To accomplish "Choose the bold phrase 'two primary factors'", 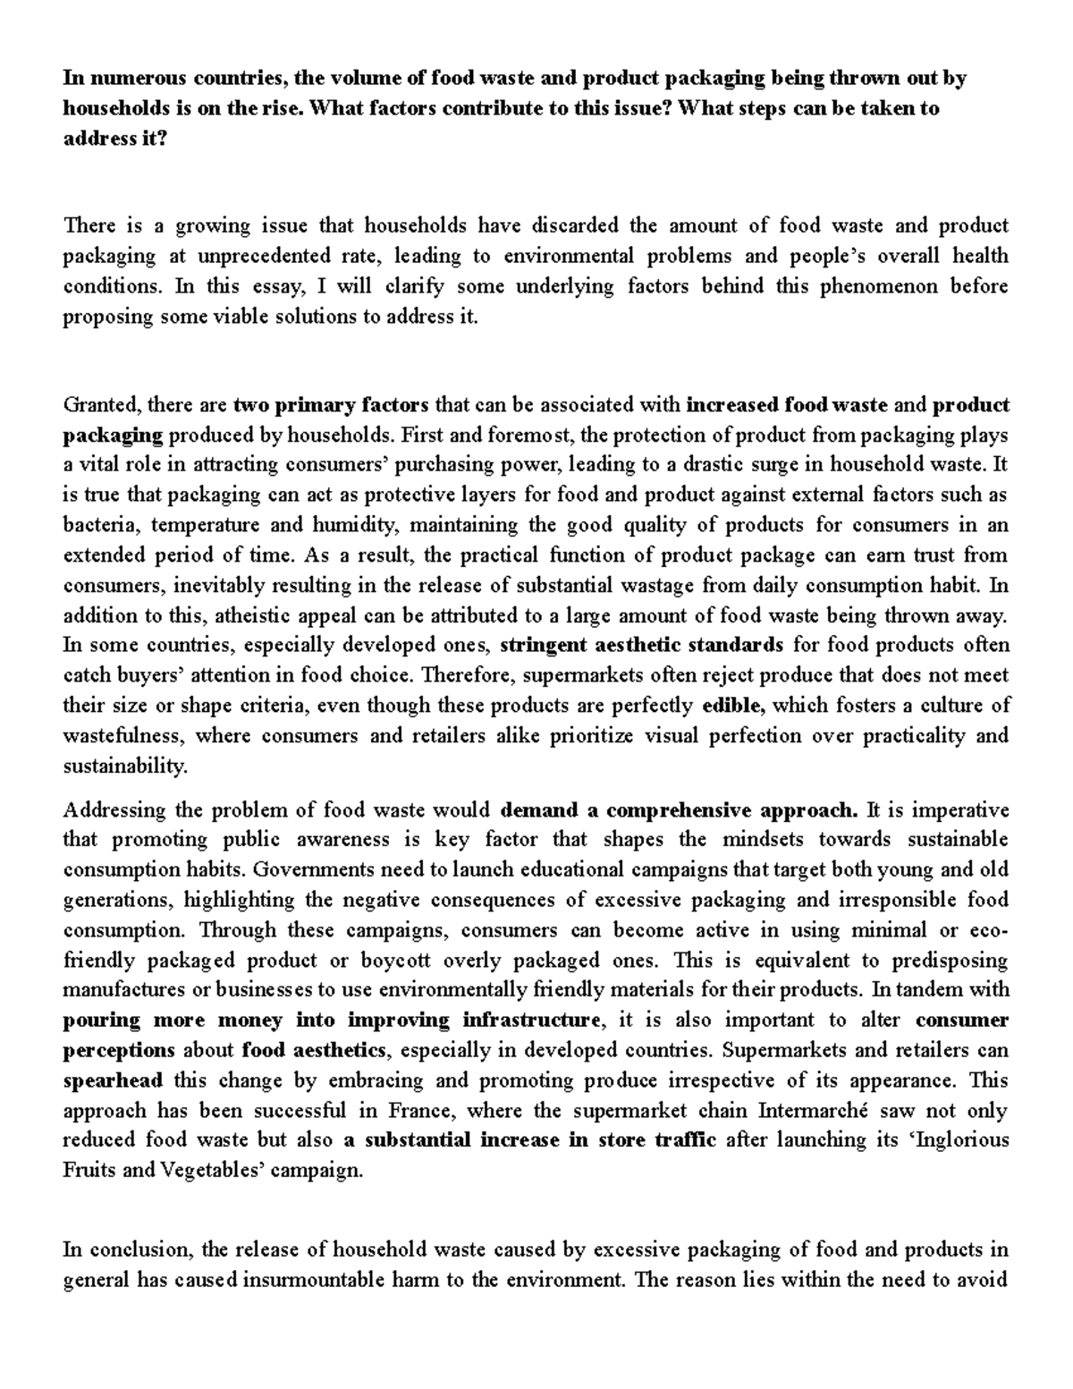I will click(331, 405).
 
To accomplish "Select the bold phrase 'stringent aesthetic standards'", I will click(642, 645).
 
